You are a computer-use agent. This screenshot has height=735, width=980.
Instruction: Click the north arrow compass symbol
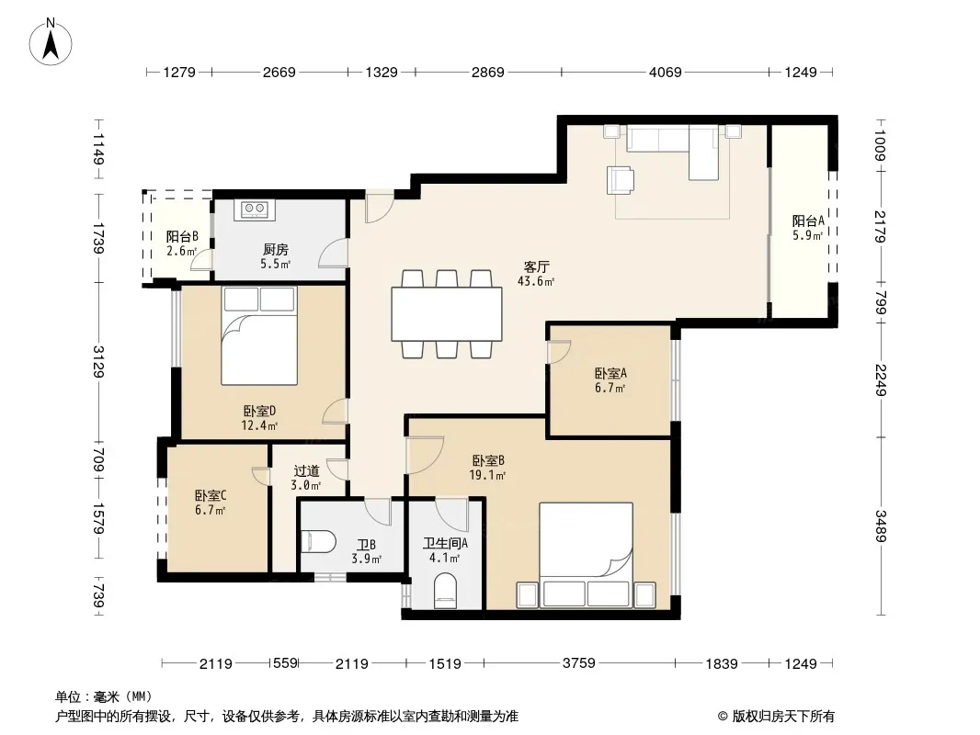[51, 41]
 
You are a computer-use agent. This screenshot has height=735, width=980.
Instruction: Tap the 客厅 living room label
[536, 267]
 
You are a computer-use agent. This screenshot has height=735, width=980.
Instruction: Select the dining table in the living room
[446, 313]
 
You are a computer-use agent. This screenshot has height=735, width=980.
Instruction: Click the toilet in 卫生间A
[445, 590]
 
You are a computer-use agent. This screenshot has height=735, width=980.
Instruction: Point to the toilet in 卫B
[318, 541]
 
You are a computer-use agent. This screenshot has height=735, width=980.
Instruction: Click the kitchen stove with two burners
[255, 209]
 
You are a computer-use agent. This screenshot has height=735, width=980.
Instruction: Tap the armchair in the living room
[621, 180]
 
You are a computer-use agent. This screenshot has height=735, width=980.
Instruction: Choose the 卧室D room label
[259, 411]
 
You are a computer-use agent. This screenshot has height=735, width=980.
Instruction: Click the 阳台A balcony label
[808, 221]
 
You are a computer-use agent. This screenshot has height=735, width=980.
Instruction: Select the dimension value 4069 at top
[665, 73]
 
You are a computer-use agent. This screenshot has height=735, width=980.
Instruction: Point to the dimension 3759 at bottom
[579, 662]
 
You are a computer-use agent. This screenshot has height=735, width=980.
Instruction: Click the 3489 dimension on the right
[880, 526]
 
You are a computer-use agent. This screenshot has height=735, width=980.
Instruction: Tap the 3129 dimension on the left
[98, 362]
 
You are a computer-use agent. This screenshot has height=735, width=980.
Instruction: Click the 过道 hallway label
[306, 470]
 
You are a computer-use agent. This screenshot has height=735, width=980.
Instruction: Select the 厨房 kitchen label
[275, 250]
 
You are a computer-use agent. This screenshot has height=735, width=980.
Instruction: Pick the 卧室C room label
[211, 496]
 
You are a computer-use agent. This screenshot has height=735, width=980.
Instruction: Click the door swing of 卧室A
[559, 352]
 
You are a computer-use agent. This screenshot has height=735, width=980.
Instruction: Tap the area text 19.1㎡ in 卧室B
[487, 475]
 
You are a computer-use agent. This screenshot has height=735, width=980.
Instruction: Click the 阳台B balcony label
[182, 237]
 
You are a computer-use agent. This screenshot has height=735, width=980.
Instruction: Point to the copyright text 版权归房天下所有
[783, 717]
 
